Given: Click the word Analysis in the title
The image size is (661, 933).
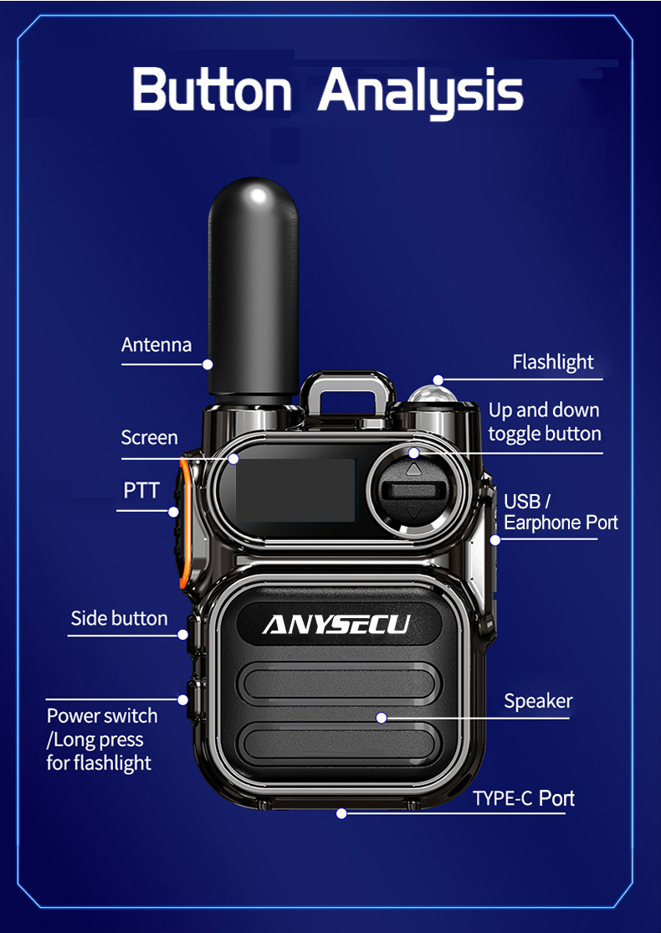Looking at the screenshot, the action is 421,91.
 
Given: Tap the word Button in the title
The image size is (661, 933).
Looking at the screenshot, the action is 212,90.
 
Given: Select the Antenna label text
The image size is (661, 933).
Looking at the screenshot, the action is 156,344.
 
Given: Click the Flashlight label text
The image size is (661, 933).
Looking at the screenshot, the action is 553,362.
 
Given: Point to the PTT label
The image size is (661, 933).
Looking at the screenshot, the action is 141,490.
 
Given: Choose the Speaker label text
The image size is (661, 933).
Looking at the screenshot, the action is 538,701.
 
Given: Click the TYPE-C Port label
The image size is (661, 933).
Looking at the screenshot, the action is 524,798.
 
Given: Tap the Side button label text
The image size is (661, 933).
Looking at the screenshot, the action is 119,618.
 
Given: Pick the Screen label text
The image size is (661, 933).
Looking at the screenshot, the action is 149,437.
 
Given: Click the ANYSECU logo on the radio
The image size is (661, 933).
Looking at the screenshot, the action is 336,624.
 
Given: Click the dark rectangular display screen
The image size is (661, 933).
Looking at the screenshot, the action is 295,490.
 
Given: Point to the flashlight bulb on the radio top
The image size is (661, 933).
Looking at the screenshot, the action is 433,394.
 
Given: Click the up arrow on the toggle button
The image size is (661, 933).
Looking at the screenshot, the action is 414,470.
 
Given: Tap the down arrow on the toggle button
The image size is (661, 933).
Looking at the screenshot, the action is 414,511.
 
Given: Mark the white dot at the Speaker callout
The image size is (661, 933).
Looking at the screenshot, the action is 382,718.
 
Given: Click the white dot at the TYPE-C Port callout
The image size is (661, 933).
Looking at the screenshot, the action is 341,812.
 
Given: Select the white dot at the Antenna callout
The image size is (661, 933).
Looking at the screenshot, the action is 208,364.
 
